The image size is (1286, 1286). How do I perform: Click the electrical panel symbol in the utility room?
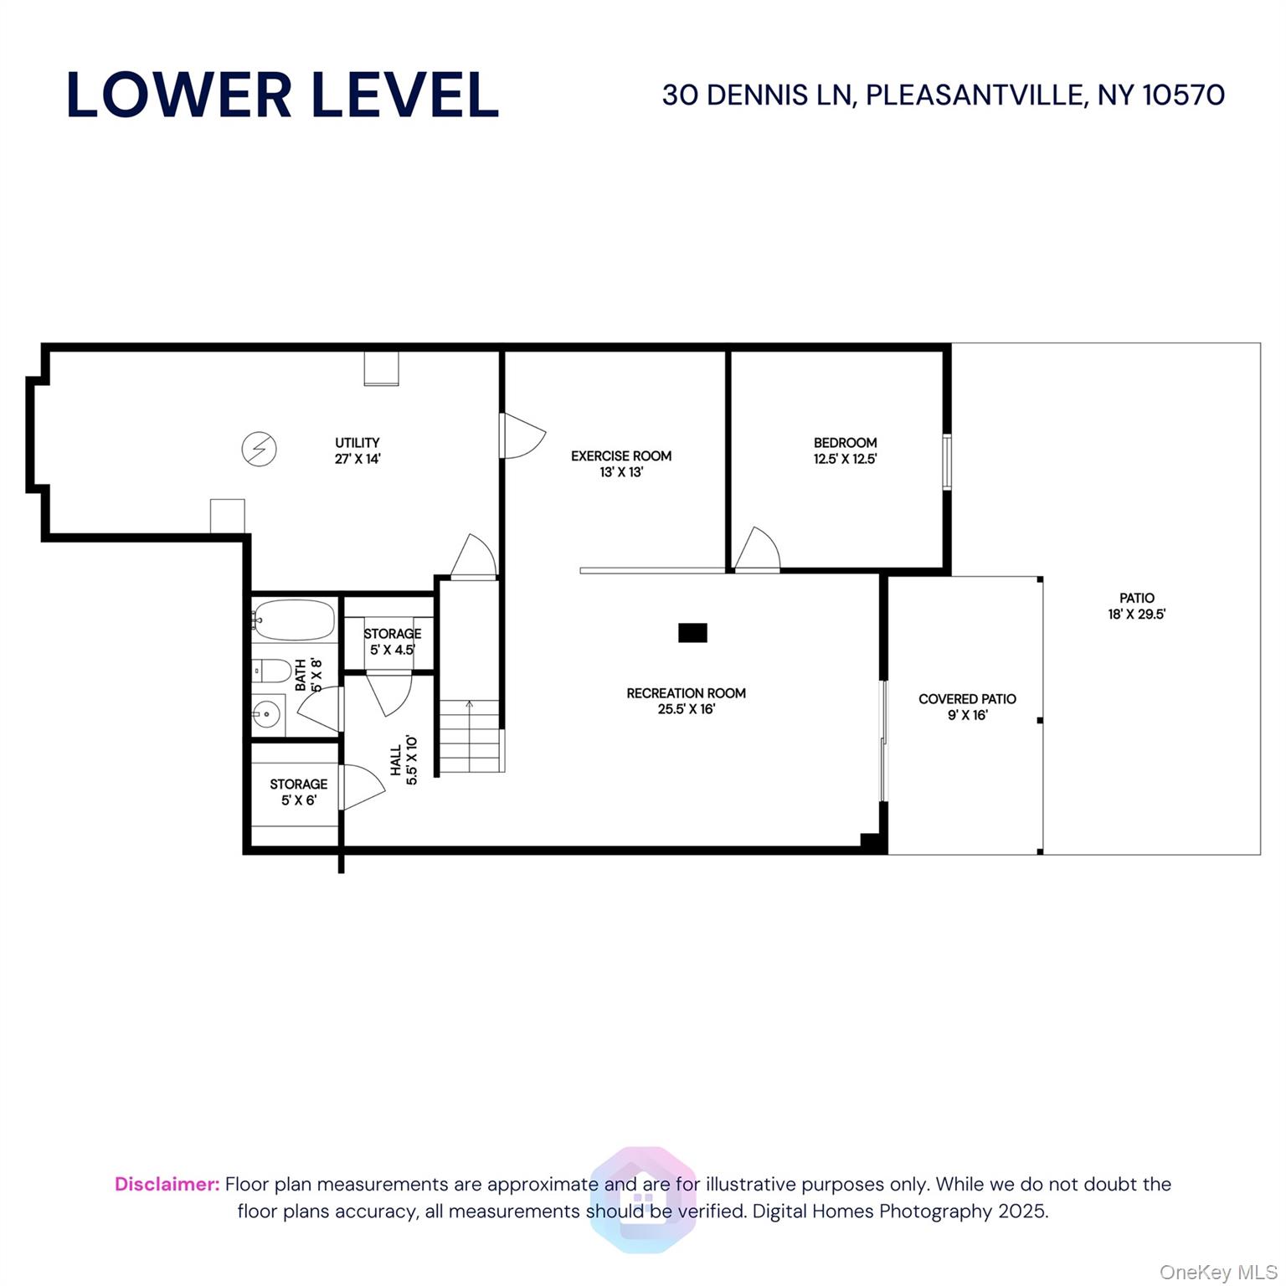(259, 449)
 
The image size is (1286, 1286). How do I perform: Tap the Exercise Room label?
(621, 456)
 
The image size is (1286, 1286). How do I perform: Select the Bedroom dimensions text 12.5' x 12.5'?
(845, 459)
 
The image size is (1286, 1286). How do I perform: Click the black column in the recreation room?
(692, 633)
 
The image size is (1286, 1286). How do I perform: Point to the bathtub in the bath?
(294, 620)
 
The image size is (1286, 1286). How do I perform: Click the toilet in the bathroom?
(270, 671)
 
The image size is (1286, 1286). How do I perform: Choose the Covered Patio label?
(967, 699)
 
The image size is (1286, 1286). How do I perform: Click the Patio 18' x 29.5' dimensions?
(1136, 614)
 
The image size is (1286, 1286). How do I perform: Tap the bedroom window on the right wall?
(947, 461)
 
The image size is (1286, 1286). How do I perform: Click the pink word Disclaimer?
(167, 1184)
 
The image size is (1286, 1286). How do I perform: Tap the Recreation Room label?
(686, 693)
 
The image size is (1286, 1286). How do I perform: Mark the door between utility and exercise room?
(521, 435)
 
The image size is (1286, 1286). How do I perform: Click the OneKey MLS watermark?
(1217, 1272)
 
